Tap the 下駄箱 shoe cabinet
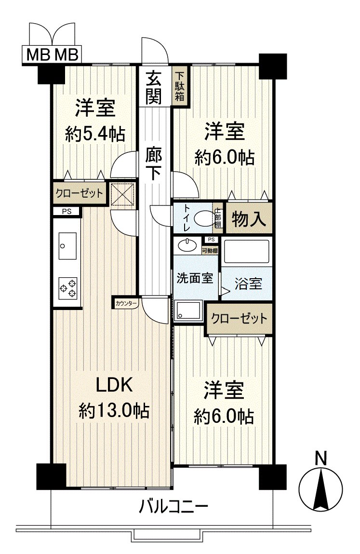pyautogui.click(x=180, y=87)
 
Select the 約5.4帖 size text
pyautogui.click(x=95, y=134)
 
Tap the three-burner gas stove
pyautogui.click(x=67, y=287)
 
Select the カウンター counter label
pyautogui.click(x=126, y=303)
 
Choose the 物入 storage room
pyautogui.click(x=249, y=219)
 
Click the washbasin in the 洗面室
pyautogui.click(x=187, y=245)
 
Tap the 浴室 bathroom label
pyautogui.click(x=248, y=284)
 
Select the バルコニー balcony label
pyautogui.click(x=173, y=507)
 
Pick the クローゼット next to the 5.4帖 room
pyautogui.click(x=79, y=194)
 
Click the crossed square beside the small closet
pyautogui.click(x=123, y=194)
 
